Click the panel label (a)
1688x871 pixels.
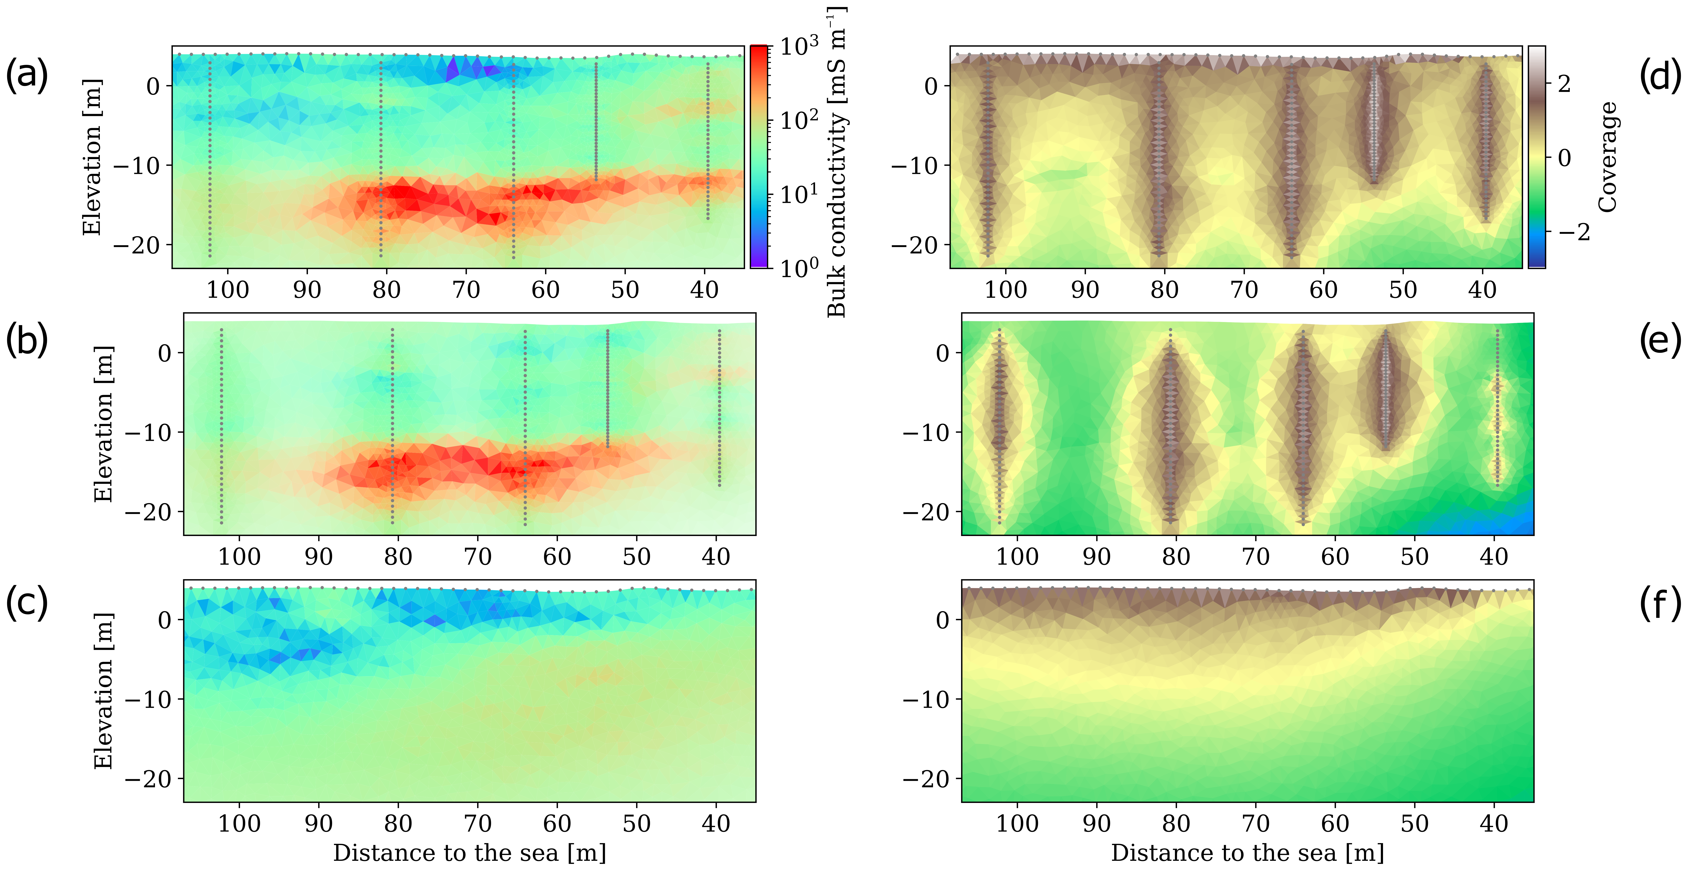[27, 74]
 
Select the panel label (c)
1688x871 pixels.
[27, 604]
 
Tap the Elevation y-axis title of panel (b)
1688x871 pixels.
[103, 424]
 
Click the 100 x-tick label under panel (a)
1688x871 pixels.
[227, 289]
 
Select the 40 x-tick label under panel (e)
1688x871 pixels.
[1494, 557]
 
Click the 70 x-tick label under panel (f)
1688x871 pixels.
[1256, 824]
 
